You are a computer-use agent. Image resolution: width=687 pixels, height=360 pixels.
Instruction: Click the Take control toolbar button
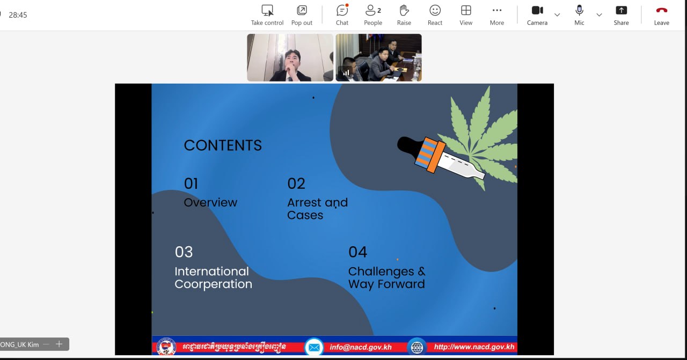click(267, 14)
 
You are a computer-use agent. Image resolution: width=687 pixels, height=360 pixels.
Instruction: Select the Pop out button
click(302, 14)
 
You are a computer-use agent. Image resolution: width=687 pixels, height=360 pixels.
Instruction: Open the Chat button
click(342, 14)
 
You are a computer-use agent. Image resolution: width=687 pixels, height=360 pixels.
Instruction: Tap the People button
click(373, 14)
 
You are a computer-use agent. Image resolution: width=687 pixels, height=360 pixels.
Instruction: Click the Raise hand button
click(404, 14)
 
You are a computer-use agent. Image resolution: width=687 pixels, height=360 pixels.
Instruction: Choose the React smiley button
click(435, 14)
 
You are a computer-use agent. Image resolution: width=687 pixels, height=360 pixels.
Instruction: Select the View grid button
click(466, 14)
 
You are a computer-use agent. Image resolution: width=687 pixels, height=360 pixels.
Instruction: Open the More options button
click(497, 14)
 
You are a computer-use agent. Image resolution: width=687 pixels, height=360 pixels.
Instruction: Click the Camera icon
click(537, 10)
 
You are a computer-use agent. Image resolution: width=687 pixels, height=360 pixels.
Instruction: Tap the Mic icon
click(579, 10)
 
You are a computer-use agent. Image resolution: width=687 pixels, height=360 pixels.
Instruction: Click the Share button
click(621, 14)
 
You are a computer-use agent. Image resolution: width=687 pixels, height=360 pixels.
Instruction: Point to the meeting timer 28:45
click(18, 15)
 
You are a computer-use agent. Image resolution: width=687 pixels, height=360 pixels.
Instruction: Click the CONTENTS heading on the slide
click(223, 145)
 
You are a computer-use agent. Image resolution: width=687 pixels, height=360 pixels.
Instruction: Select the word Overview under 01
click(210, 202)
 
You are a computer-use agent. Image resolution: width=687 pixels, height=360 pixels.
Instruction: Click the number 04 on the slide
click(357, 252)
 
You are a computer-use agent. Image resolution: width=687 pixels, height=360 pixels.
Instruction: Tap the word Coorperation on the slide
click(214, 284)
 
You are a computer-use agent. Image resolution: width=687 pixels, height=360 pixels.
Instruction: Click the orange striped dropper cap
click(430, 155)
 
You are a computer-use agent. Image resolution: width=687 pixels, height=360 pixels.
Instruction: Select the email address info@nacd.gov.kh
click(361, 347)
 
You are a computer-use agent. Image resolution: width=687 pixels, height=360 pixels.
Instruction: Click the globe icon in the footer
click(417, 347)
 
